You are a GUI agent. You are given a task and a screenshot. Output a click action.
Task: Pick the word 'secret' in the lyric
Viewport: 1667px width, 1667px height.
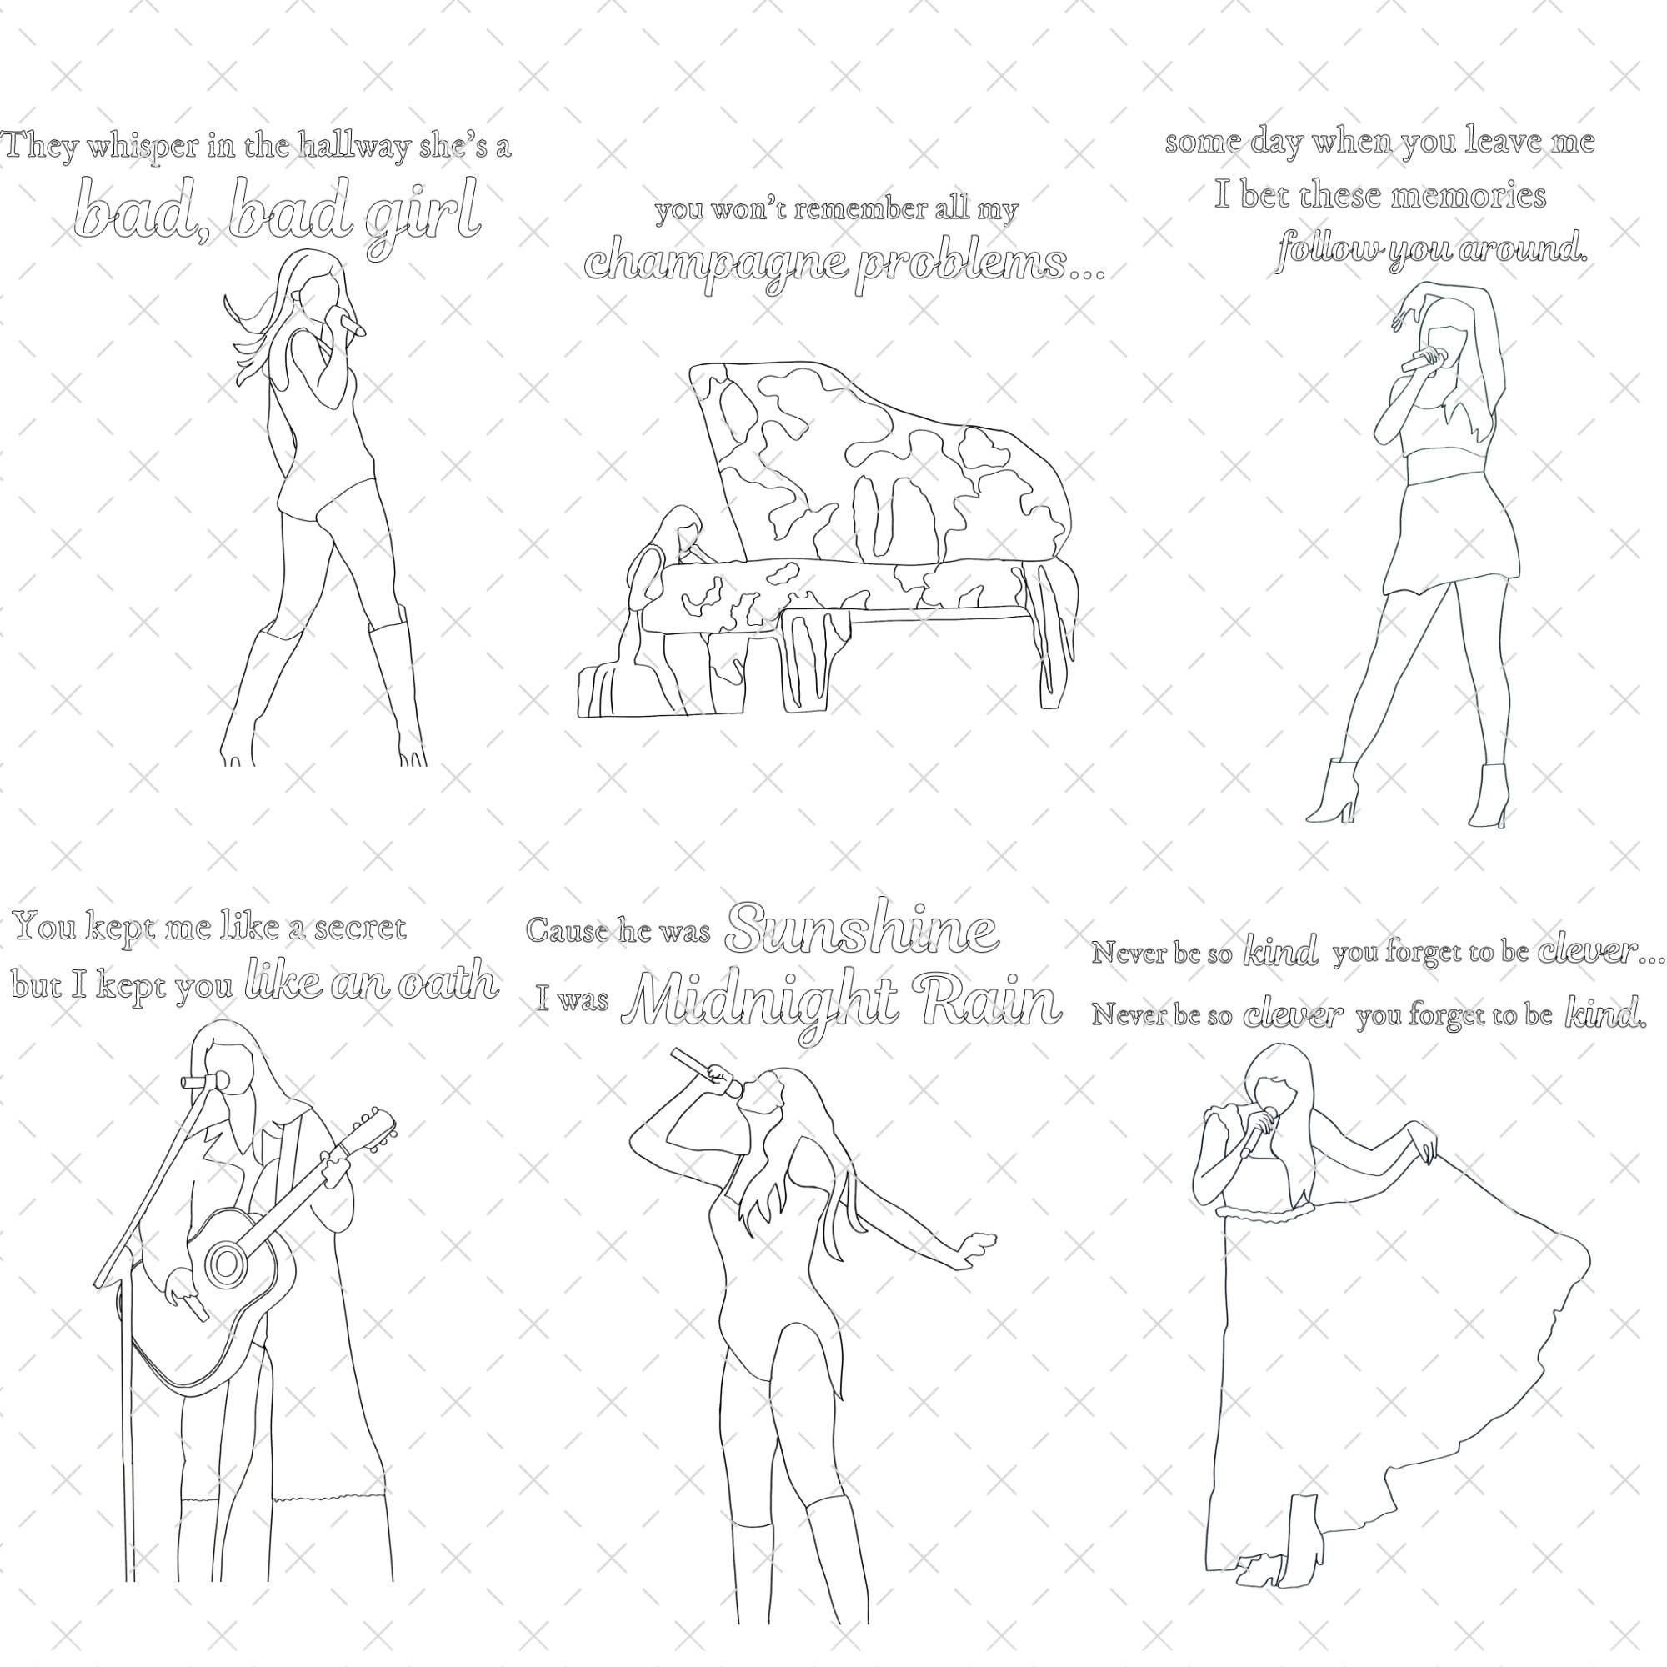[360, 929]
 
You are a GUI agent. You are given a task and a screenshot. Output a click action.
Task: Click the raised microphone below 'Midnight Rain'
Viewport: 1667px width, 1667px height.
[706, 1071]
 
